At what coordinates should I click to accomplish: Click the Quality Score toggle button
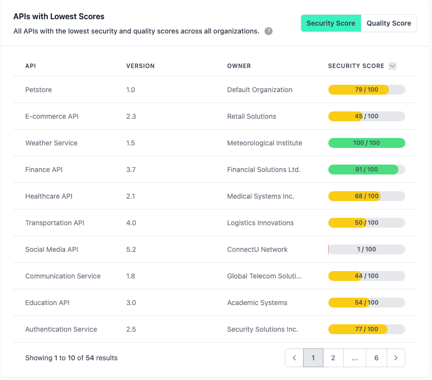click(x=389, y=23)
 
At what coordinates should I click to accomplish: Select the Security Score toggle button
click(x=331, y=23)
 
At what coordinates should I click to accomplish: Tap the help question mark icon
click(x=269, y=31)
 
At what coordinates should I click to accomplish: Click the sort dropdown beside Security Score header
click(x=393, y=66)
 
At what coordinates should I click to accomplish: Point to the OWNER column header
click(x=239, y=66)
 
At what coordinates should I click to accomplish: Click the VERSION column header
click(x=140, y=66)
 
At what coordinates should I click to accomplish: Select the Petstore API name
click(x=39, y=90)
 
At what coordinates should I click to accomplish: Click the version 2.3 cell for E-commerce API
click(x=131, y=116)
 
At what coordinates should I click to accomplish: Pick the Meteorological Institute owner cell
click(x=265, y=143)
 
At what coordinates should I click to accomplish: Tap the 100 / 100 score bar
click(x=366, y=143)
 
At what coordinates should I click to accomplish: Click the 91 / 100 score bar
click(x=366, y=170)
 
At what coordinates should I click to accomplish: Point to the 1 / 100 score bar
click(x=366, y=249)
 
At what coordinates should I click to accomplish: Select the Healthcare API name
click(x=49, y=196)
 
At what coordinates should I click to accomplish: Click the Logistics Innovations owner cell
click(x=260, y=223)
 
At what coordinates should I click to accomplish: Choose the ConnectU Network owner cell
click(x=257, y=249)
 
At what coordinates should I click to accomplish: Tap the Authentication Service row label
click(x=61, y=329)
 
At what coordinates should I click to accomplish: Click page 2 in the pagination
click(x=333, y=358)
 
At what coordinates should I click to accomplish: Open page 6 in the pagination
click(x=376, y=358)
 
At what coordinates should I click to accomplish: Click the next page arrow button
click(x=396, y=358)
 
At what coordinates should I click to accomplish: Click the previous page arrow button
click(x=294, y=358)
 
